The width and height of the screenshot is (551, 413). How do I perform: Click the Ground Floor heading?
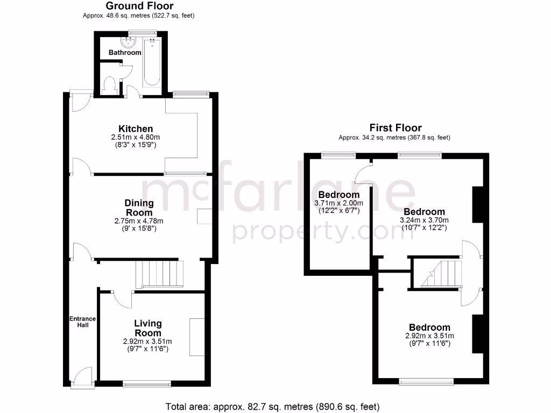click(x=139, y=6)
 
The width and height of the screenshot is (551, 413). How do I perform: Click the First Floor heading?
click(x=394, y=127)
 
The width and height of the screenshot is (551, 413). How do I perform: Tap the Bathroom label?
click(x=125, y=53)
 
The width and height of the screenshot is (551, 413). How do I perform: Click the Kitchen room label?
click(x=136, y=129)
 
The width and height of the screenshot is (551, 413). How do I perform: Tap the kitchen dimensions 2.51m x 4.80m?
click(x=136, y=137)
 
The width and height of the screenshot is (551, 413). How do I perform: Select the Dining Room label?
click(x=139, y=208)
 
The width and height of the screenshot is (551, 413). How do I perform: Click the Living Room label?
click(x=147, y=328)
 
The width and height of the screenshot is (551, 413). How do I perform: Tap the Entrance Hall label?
click(x=82, y=322)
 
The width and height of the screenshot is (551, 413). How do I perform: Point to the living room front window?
click(x=147, y=383)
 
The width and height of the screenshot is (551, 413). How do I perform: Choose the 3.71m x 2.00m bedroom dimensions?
click(x=338, y=203)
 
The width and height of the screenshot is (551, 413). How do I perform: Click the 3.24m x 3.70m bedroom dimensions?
click(x=424, y=220)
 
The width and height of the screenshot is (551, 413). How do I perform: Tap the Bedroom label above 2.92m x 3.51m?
click(x=429, y=327)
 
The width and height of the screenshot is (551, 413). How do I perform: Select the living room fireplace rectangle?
click(x=197, y=336)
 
